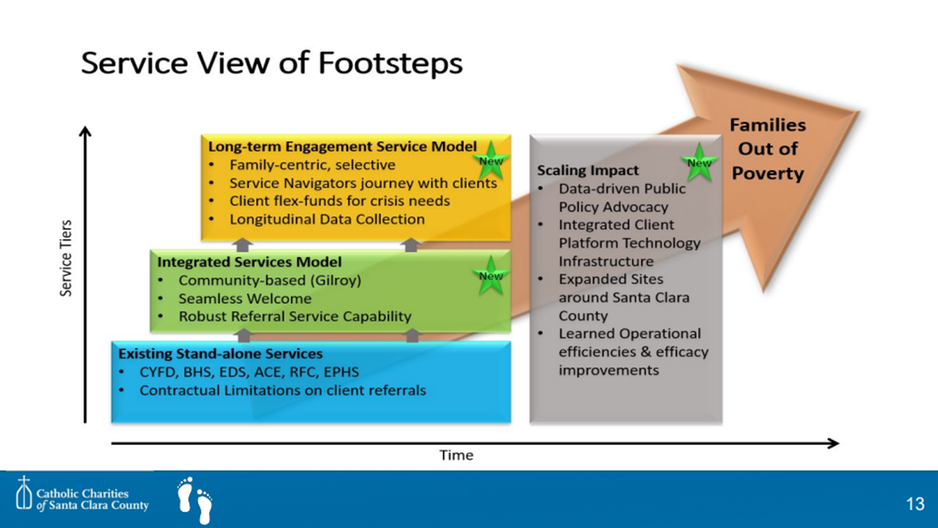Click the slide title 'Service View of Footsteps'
coord(272,63)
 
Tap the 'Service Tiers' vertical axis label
coord(66,258)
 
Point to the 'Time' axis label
coord(457,455)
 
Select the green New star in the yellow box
coord(491,161)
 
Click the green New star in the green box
coord(491,276)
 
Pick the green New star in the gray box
coord(699,163)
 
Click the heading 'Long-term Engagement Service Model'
coord(342,147)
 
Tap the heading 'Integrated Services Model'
coord(250,262)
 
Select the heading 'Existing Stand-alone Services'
coord(221,353)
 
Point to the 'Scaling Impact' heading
coord(588,171)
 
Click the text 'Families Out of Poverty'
coord(768,149)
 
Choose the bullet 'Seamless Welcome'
coord(245,298)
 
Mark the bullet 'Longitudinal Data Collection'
coord(327,219)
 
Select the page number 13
coord(915,504)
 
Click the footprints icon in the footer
coord(195,500)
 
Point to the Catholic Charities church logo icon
coord(24,493)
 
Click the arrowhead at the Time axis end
coord(833,444)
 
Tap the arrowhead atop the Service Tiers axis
coord(86,131)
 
